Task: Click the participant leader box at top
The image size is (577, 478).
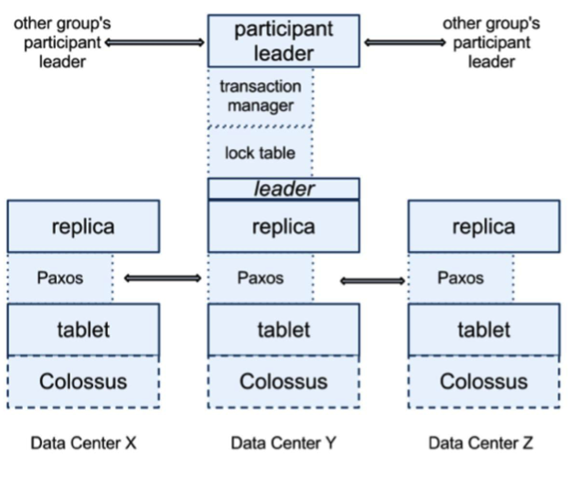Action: [x=283, y=41]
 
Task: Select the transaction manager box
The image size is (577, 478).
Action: [x=261, y=96]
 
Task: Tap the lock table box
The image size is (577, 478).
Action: [x=261, y=152]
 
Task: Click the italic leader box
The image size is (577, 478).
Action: [x=283, y=189]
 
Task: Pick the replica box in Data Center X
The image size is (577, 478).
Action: [x=83, y=226]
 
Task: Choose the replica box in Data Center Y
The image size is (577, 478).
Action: [x=283, y=226]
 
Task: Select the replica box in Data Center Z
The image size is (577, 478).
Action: [x=482, y=226]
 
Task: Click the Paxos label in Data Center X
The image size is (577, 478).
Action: [x=59, y=277]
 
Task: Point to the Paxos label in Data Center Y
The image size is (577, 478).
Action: [x=260, y=277]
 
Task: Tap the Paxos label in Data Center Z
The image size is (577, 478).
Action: [x=460, y=277]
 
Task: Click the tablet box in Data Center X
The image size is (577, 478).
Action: [x=83, y=330]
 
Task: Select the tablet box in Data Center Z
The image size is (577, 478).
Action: [x=482, y=330]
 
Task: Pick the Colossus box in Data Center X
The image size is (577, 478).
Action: [x=83, y=381]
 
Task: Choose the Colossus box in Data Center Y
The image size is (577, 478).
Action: [x=283, y=381]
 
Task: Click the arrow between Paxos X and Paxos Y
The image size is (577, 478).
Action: [x=161, y=277]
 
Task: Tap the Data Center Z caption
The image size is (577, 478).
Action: [x=481, y=443]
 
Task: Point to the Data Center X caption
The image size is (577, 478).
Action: [x=83, y=443]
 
